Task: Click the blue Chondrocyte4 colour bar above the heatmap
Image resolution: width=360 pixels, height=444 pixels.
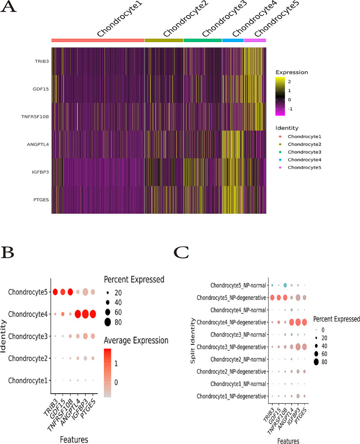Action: tap(233, 41)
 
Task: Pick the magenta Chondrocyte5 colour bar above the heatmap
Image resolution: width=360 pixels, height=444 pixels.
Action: tap(255, 41)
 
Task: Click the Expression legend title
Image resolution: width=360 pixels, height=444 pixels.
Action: tap(295, 72)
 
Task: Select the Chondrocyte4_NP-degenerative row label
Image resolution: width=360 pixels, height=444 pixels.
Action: tap(230, 322)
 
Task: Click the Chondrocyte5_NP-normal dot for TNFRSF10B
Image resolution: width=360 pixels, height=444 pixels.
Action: tap(285, 285)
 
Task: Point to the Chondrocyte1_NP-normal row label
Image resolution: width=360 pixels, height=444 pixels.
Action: tap(237, 385)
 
